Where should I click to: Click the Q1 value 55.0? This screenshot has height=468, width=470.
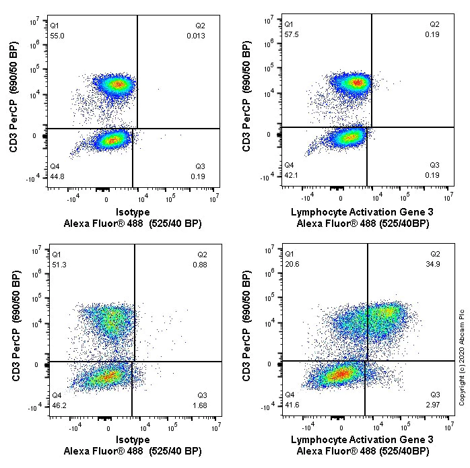(x=57, y=36)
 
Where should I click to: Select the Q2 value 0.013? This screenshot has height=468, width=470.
(x=196, y=36)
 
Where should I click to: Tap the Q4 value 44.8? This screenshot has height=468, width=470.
(x=57, y=176)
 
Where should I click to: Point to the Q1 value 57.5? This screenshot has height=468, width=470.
(x=292, y=34)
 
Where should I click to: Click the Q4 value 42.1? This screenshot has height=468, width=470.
(x=291, y=175)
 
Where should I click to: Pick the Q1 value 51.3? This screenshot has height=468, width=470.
(x=59, y=265)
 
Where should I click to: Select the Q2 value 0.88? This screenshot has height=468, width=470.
(x=200, y=265)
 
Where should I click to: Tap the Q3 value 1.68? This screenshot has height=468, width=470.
(x=200, y=405)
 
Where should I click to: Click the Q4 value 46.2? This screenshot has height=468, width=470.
(x=59, y=405)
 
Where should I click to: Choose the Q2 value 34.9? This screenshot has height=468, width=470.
(x=433, y=264)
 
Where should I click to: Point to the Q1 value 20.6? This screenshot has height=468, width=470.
(x=292, y=264)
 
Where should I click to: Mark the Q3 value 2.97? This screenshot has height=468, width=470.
(x=433, y=405)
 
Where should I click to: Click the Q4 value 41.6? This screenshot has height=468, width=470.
(x=292, y=405)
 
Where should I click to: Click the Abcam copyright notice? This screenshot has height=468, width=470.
(x=462, y=358)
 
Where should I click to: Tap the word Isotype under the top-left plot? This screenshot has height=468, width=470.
(x=133, y=212)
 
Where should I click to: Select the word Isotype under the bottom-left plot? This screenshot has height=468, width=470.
(x=133, y=440)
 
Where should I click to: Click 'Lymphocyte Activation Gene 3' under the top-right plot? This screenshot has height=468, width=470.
(x=362, y=212)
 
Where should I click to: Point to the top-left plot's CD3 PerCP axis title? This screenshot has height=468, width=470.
(x=13, y=96)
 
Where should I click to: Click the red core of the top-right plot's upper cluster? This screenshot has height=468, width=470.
(x=358, y=82)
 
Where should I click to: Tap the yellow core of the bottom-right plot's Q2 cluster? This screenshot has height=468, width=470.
(x=388, y=312)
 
